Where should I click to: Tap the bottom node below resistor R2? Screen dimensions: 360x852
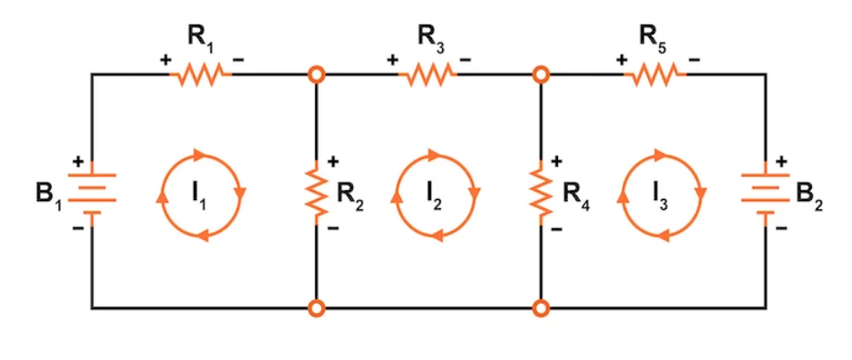316,309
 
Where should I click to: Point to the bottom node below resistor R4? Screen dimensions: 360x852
540,309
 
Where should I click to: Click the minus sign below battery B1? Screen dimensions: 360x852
78,229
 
